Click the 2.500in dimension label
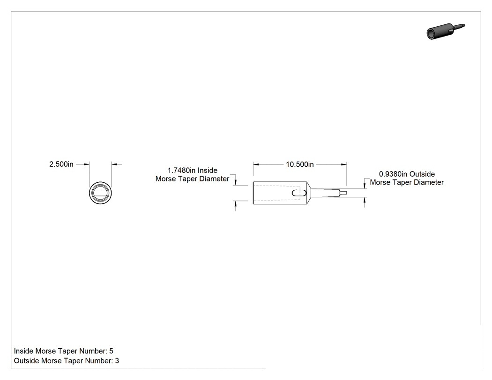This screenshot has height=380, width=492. (x=61, y=164)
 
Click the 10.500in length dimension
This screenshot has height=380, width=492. (x=300, y=164)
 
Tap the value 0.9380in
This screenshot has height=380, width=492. (x=393, y=174)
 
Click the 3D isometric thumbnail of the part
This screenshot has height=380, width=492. (x=446, y=31)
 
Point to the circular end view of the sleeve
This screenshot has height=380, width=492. (x=100, y=193)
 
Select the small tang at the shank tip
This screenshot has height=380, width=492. (x=343, y=193)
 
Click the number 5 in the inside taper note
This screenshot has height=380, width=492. (x=111, y=351)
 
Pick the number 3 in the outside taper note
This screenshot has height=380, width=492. (x=117, y=361)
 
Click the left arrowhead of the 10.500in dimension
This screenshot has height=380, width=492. (x=256, y=164)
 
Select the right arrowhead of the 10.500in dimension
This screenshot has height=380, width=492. (x=344, y=164)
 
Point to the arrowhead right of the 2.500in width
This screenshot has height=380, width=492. (x=114, y=164)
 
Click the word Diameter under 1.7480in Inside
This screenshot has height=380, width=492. (x=215, y=179)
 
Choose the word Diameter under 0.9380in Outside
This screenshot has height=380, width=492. (x=430, y=182)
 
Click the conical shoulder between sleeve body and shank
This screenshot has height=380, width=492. (x=309, y=193)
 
